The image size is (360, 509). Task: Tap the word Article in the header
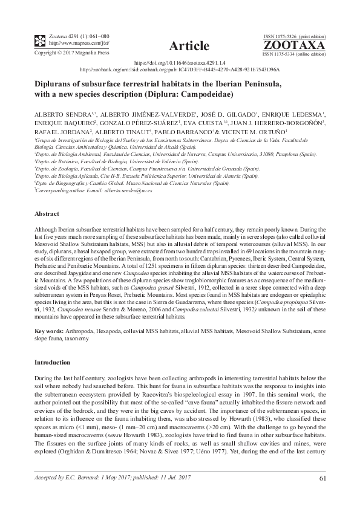pyautogui.click(x=189, y=47)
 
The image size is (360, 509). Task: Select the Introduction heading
pyautogui.click(x=53, y=362)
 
